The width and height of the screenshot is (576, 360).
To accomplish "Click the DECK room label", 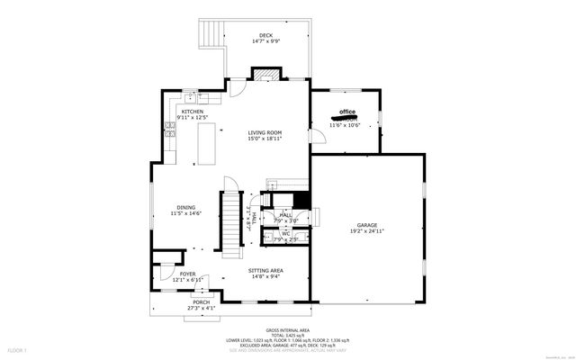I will click(x=265, y=35).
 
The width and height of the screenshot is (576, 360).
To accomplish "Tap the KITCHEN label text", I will click(x=192, y=112).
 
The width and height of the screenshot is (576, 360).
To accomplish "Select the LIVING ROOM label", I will click(x=265, y=132).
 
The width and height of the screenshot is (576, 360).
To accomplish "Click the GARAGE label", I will click(x=366, y=225).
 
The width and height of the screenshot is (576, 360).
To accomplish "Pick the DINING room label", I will click(x=185, y=207).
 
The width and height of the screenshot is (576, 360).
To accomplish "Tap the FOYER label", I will click(x=187, y=274).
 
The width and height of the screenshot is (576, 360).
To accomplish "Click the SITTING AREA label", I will click(x=265, y=270).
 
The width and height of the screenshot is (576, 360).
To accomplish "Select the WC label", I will click(x=285, y=234).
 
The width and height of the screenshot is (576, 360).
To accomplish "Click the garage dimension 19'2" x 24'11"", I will click(x=366, y=231).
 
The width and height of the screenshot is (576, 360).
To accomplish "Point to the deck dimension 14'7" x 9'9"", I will click(x=265, y=41).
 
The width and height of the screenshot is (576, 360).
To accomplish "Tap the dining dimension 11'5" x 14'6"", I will click(x=185, y=213).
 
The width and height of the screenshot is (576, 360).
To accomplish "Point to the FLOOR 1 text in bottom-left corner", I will click(x=17, y=349).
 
